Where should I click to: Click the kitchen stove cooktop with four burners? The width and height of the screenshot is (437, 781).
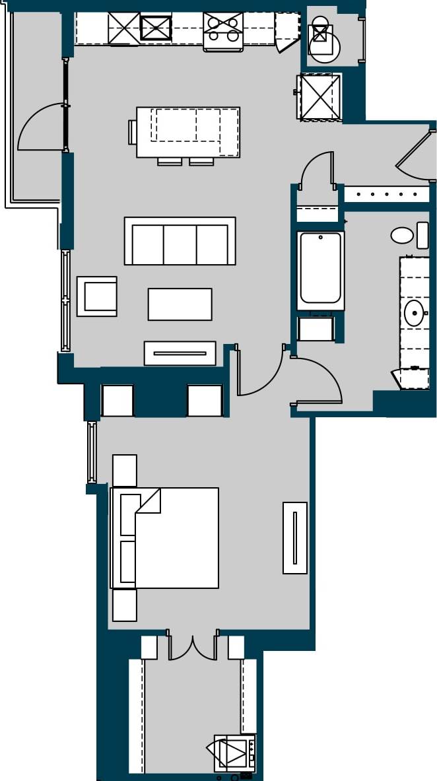click(x=223, y=30)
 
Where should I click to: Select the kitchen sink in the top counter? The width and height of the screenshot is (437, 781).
click(x=156, y=28)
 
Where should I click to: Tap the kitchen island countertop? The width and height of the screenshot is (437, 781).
click(x=188, y=132)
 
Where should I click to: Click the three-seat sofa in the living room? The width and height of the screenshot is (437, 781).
click(x=180, y=242)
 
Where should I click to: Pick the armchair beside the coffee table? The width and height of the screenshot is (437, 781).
click(x=97, y=296)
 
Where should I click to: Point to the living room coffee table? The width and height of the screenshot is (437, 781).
click(x=180, y=304)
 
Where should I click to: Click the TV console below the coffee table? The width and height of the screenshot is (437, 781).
click(x=180, y=353)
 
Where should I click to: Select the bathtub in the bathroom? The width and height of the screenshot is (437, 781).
click(x=321, y=269)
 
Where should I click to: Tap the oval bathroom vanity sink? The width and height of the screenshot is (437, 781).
click(x=414, y=312)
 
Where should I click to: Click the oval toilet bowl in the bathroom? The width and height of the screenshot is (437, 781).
click(x=402, y=235)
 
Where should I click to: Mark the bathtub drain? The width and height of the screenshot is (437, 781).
click(x=321, y=237)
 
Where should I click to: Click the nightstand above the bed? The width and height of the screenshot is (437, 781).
click(x=125, y=471)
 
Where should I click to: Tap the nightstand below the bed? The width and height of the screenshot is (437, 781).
click(x=125, y=605)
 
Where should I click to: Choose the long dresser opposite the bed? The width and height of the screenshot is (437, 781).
click(x=295, y=538)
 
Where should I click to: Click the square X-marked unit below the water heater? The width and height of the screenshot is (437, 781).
click(x=320, y=97)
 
